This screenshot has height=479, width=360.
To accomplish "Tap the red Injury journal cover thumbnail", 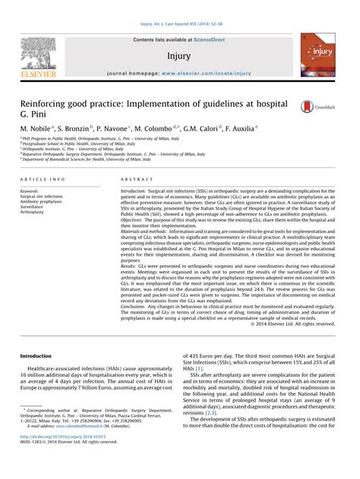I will pyautogui.click(x=317, y=55).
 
